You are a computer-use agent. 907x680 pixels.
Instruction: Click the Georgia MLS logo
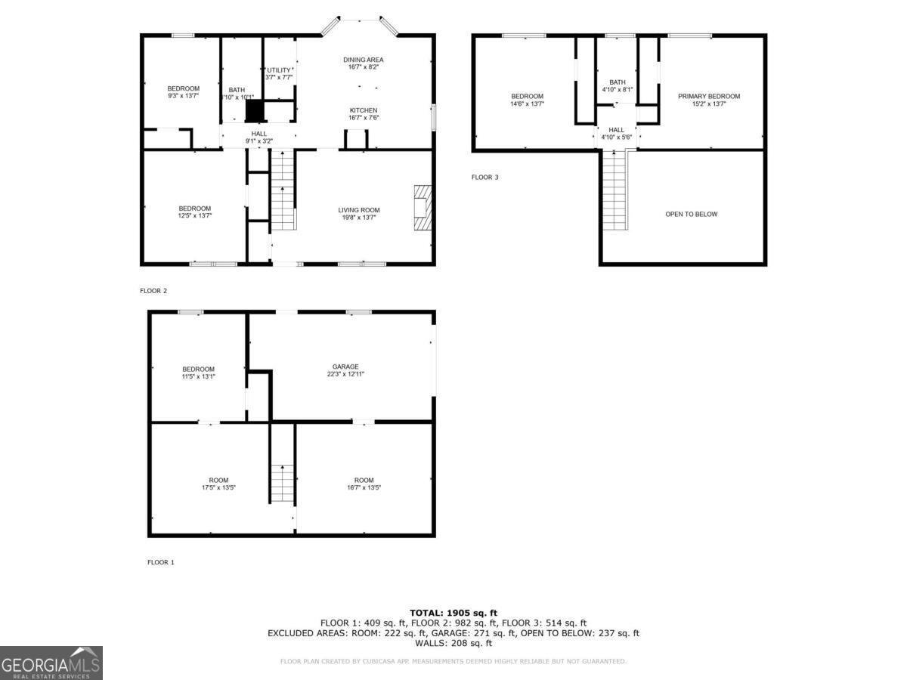51,663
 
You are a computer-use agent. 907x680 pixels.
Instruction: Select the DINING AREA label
364,60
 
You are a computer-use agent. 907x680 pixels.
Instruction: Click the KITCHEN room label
364,110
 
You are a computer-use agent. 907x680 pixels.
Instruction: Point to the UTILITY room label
278,70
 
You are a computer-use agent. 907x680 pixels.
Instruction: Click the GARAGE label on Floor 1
345,366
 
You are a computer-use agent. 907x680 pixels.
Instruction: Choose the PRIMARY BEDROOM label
708,96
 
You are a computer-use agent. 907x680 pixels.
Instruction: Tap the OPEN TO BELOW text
691,214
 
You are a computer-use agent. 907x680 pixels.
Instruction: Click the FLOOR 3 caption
485,177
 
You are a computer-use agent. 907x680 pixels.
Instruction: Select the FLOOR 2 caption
153,290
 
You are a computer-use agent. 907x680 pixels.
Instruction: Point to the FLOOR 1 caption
160,562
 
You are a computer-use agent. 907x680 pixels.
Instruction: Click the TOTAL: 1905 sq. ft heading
453,613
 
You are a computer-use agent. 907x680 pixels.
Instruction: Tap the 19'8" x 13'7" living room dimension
359,218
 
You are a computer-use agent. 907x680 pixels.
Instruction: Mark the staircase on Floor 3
614,190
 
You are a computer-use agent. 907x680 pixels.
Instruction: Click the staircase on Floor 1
282,484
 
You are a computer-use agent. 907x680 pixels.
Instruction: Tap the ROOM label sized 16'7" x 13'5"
364,487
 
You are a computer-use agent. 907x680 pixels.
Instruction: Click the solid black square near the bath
255,110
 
